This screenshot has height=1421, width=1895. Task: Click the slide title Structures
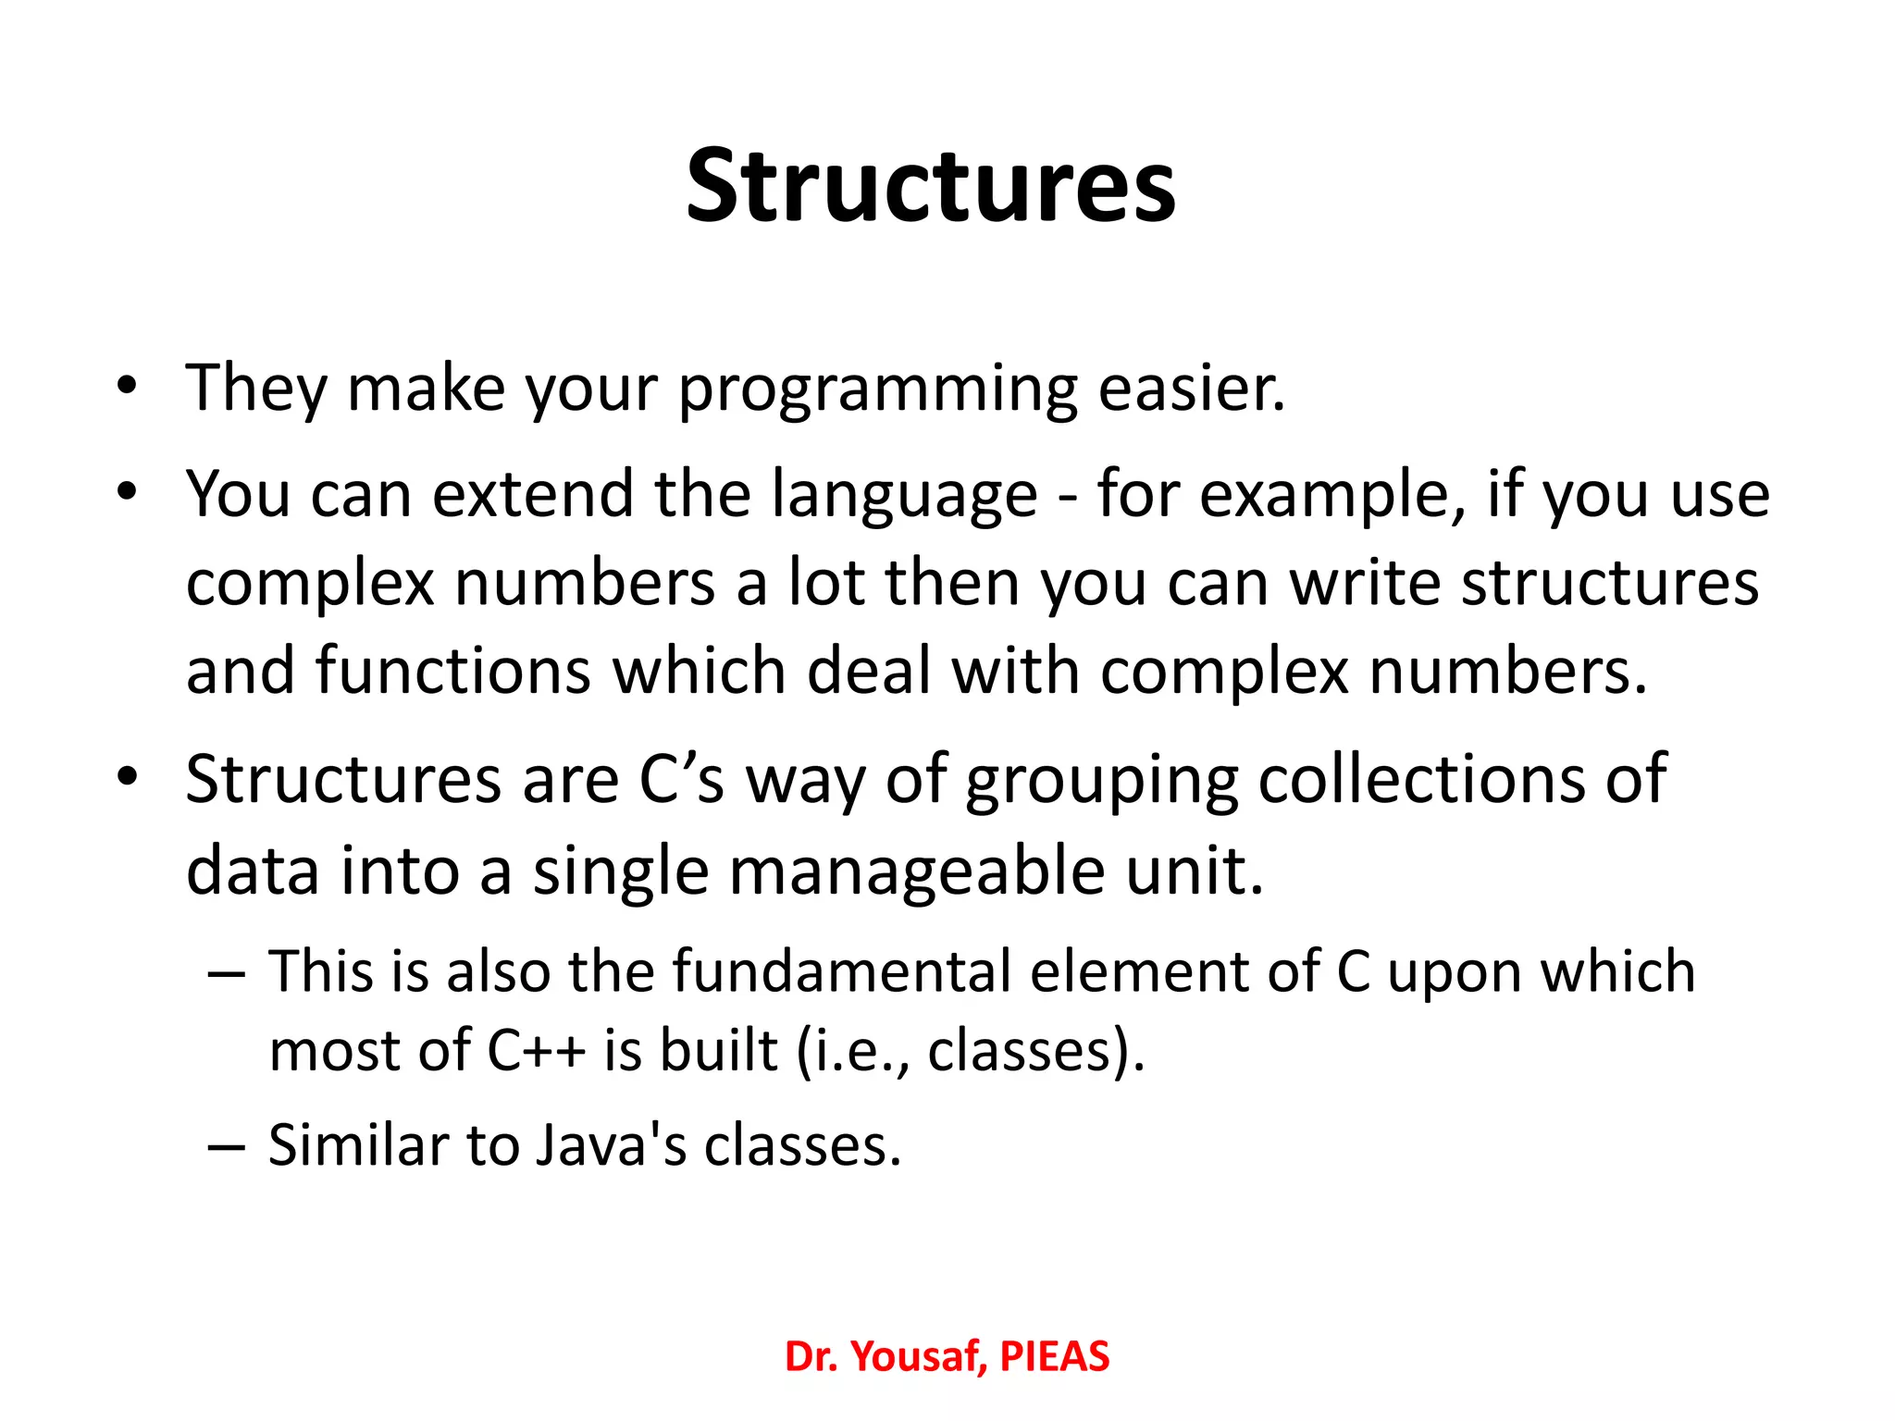(x=930, y=187)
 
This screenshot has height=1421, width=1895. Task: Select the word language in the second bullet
(x=904, y=496)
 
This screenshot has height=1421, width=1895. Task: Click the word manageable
(x=916, y=872)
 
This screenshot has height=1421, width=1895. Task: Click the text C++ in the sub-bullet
(x=536, y=1051)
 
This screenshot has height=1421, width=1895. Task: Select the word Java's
(x=611, y=1145)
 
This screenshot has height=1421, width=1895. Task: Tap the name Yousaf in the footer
(x=914, y=1357)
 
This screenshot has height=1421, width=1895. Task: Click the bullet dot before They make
(x=127, y=385)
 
